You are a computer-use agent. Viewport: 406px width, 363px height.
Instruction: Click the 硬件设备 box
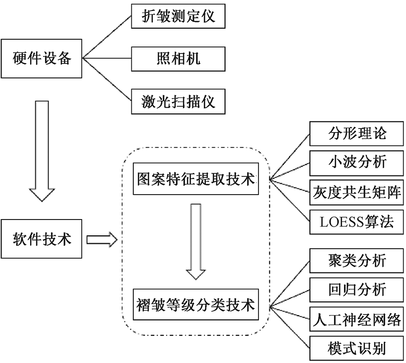pyautogui.click(x=42, y=59)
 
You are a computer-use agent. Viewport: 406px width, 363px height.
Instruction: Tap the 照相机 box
pyautogui.click(x=178, y=59)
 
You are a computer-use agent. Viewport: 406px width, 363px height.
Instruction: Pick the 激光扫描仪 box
pyautogui.click(x=178, y=101)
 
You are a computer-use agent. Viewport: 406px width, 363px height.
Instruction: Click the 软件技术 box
pyautogui.click(x=42, y=239)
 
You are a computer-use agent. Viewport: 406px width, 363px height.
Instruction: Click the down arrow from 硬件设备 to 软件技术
pyautogui.click(x=42, y=148)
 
